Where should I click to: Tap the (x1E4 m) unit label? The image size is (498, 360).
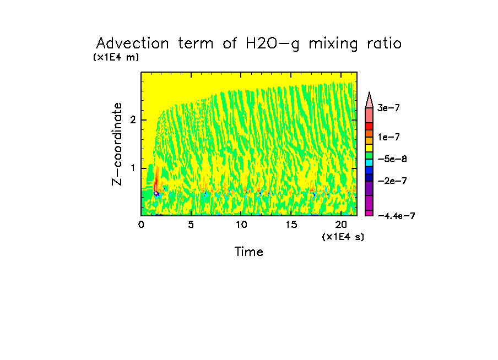pos(116,57)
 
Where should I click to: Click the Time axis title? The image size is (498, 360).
pos(249,252)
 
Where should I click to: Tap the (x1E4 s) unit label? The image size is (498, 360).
pos(343,237)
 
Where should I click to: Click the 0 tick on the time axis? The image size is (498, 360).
pos(141,225)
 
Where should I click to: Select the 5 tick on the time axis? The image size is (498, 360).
pos(191,225)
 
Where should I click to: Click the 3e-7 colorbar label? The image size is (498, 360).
pos(388,108)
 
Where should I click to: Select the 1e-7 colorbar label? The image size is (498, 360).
pos(388,137)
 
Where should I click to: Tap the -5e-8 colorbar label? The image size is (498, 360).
pos(392,159)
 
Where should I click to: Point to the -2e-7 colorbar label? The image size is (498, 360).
pos(392,181)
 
